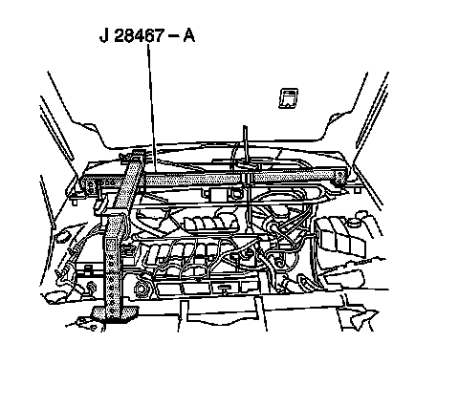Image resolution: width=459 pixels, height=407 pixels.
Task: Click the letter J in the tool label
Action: click(x=104, y=35)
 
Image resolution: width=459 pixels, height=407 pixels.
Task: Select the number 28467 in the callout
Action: click(x=139, y=35)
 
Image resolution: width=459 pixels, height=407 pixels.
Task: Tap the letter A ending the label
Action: click(x=188, y=35)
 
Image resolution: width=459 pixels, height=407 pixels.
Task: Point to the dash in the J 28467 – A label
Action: click(x=173, y=36)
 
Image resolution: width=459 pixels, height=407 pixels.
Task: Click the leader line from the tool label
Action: click(x=151, y=108)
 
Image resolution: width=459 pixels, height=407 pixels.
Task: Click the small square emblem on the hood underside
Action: click(x=289, y=98)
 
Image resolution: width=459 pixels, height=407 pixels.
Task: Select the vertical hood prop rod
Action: click(x=246, y=150)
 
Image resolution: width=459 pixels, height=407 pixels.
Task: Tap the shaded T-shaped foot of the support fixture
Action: click(x=115, y=314)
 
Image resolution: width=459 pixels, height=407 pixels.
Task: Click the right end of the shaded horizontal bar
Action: click(x=339, y=177)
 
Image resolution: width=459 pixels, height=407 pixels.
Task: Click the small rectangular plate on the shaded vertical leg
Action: click(x=111, y=245)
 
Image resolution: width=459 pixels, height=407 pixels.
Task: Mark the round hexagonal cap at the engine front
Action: click(x=141, y=289)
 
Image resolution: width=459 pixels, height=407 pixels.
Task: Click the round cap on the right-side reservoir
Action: click(x=353, y=222)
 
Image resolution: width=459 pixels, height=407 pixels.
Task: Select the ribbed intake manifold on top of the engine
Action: click(x=211, y=223)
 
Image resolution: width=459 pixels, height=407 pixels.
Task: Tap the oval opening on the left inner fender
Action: click(x=62, y=237)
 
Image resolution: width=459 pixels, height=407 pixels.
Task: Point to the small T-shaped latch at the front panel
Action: click(x=224, y=289)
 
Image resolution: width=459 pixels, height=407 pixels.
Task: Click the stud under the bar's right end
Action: click(x=357, y=190)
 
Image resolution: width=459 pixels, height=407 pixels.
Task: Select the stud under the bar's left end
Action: click(x=75, y=202)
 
